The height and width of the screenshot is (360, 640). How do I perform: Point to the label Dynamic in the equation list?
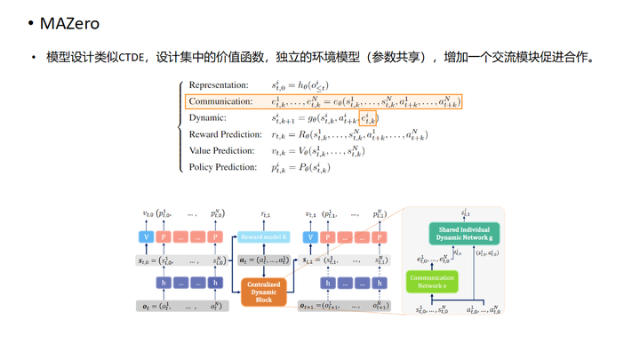coord(208,118)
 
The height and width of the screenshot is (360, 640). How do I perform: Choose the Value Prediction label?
coord(221,151)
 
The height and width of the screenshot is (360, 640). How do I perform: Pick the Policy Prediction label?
coord(222,167)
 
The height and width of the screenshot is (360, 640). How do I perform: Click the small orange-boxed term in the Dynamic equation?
coord(368,118)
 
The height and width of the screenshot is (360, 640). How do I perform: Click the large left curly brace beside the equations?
coord(181,126)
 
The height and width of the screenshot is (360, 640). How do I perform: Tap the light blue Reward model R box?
coord(264,238)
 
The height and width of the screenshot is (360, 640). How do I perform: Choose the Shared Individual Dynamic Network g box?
coord(464,235)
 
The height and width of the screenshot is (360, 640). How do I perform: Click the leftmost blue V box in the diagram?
coord(148,237)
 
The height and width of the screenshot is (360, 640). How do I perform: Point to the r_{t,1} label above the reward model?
coord(265,215)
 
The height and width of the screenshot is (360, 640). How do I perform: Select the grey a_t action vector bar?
coord(264,260)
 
